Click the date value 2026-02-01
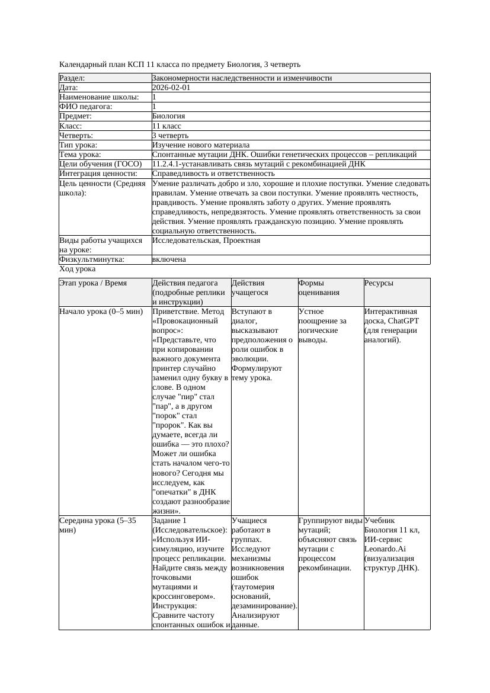[x=171, y=88]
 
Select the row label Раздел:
[x=72, y=78]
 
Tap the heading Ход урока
[x=77, y=269]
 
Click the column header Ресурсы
[x=379, y=284]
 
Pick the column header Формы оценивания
[x=319, y=288]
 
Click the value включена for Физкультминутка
[x=169, y=259]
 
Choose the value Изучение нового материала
[x=201, y=145]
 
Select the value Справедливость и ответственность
[x=213, y=174]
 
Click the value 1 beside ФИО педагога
[x=155, y=107]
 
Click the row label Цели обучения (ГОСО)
[x=101, y=164]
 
